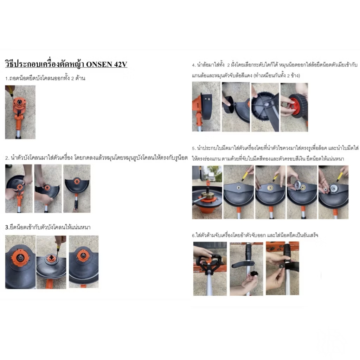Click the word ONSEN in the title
coord(99,64)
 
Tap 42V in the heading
coord(120,64)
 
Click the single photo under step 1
coord(20,112)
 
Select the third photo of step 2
coord(77,188)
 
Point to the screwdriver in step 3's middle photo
coord(58,246)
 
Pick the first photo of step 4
coord(206,107)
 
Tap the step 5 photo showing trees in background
coord(207,192)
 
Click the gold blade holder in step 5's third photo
coord(270,188)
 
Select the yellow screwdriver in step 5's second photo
coord(245,177)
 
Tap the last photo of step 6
coord(282,268)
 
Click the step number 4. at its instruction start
coord(194,65)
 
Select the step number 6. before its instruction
coord(194,236)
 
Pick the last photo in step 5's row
coord(333,192)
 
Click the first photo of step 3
coord(20,262)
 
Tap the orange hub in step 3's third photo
coord(83,255)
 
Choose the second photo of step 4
coord(236,107)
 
